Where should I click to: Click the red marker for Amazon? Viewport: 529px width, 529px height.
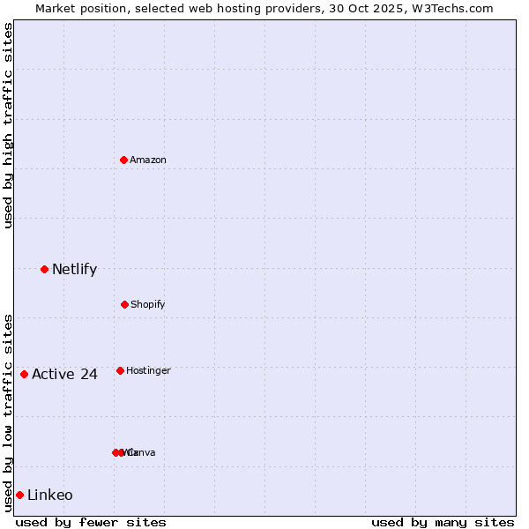pyautogui.click(x=124, y=160)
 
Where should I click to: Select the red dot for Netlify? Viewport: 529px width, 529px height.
pyautogui.click(x=45, y=269)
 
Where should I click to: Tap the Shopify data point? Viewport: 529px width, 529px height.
pyautogui.click(x=124, y=304)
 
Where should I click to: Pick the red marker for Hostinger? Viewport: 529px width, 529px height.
pyautogui.click(x=120, y=370)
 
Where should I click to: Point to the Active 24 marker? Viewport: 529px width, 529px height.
pyautogui.click(x=25, y=374)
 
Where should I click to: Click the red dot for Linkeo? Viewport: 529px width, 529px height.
pyautogui.click(x=19, y=495)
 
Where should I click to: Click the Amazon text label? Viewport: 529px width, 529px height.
pyautogui.click(x=148, y=160)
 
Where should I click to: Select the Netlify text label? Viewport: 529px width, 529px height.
pyautogui.click(x=74, y=269)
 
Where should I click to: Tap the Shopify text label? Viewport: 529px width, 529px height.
pyautogui.click(x=148, y=304)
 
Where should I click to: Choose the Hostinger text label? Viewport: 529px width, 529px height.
pyautogui.click(x=148, y=370)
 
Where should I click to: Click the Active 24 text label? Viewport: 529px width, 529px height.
pyautogui.click(x=64, y=374)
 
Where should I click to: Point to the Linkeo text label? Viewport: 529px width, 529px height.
pyautogui.click(x=50, y=495)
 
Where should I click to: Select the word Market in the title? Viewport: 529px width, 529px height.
pyautogui.click(x=56, y=9)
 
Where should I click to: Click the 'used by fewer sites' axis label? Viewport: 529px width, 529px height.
pyautogui.click(x=91, y=522)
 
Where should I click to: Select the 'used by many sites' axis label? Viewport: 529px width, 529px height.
pyautogui.click(x=443, y=522)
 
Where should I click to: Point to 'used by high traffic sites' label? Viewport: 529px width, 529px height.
pyautogui.click(x=9, y=125)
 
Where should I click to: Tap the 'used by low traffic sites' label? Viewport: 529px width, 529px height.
pyautogui.click(x=9, y=413)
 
